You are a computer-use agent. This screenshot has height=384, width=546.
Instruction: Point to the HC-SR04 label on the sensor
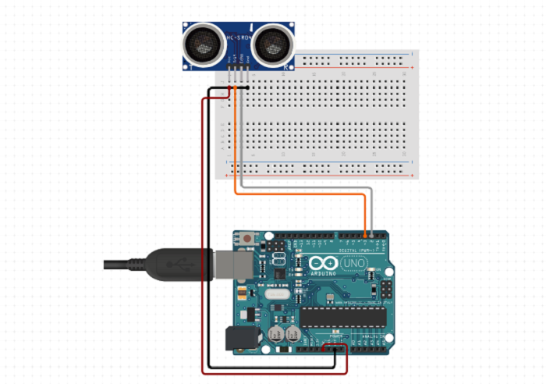coord(239,37)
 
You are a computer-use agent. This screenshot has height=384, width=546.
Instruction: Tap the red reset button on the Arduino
coord(247,238)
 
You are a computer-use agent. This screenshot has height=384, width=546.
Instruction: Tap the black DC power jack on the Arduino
coord(237,337)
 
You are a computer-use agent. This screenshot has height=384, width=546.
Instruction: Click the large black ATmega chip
coord(343,316)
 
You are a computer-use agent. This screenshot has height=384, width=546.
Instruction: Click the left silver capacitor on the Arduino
coord(277,334)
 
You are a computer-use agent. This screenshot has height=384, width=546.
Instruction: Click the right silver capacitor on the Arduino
coord(292,334)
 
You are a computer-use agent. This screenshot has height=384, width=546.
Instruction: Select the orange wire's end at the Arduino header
coord(366,233)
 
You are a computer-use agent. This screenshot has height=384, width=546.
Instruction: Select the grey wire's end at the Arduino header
coord(373,233)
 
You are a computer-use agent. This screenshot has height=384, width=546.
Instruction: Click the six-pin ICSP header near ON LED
coord(385,290)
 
